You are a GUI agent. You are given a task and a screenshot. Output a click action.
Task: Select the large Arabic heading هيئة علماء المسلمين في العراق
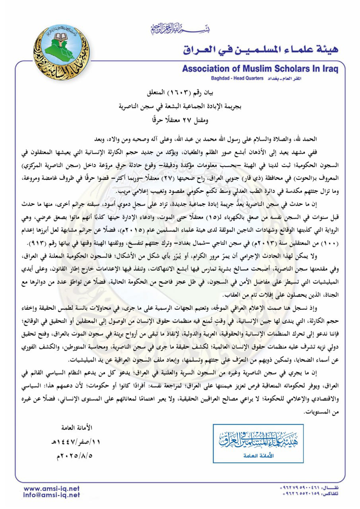tap(261, 49)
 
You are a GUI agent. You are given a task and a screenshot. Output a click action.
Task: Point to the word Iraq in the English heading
tap(327, 68)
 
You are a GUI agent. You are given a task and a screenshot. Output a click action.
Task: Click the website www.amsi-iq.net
tap(52, 488)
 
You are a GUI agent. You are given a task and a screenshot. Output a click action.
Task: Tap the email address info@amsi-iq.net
tap(52, 495)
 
